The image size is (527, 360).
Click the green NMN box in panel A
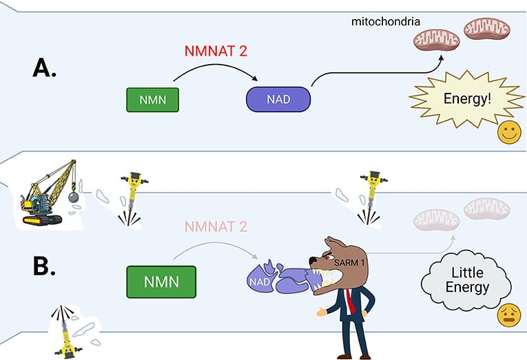pyautogui.click(x=152, y=100)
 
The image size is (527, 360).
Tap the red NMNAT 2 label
pyautogui.click(x=216, y=51)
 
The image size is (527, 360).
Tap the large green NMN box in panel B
pyautogui.click(x=161, y=282)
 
